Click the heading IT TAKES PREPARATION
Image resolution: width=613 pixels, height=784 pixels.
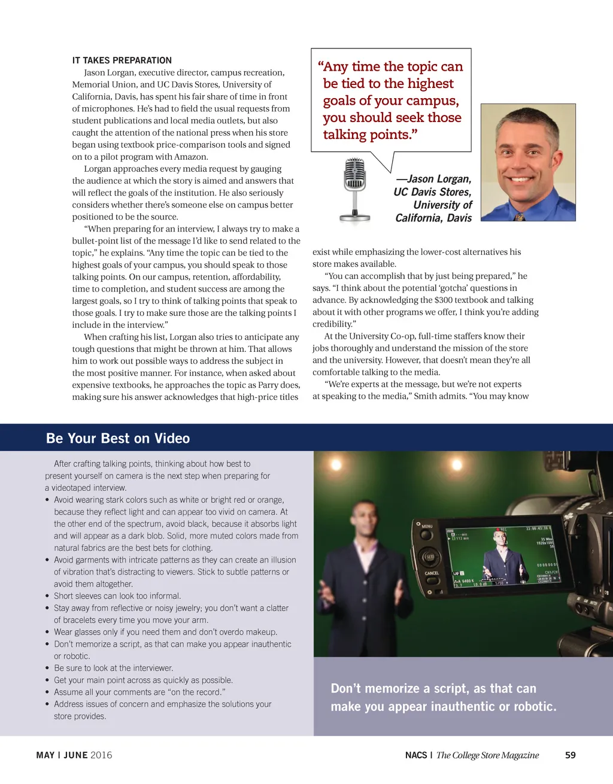[122, 60]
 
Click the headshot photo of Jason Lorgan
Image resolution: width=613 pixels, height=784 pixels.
[528, 162]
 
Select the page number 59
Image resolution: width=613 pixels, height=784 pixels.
[570, 755]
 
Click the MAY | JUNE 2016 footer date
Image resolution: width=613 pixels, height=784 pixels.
[74, 755]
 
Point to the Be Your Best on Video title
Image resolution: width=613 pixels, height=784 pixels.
[118, 438]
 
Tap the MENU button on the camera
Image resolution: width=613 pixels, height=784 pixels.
[426, 526]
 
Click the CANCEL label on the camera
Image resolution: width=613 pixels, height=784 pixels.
[432, 573]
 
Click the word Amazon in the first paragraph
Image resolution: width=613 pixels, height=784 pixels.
[190, 157]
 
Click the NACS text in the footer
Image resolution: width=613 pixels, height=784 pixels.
[416, 755]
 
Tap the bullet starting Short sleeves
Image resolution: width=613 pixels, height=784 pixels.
[117, 596]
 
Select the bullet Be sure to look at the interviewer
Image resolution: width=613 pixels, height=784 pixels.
[113, 668]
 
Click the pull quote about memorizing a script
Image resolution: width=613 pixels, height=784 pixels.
[443, 697]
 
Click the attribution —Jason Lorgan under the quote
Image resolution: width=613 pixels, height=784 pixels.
[433, 179]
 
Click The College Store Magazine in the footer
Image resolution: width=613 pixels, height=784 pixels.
[487, 755]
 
